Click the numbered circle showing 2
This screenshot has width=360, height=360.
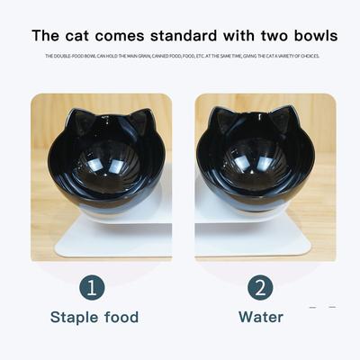[260, 288]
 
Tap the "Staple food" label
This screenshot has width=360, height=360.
[94, 317]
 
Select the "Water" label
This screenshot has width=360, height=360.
[261, 317]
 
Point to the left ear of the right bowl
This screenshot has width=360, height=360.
[222, 119]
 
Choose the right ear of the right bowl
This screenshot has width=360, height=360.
[283, 119]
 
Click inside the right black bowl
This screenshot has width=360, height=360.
[253, 162]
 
